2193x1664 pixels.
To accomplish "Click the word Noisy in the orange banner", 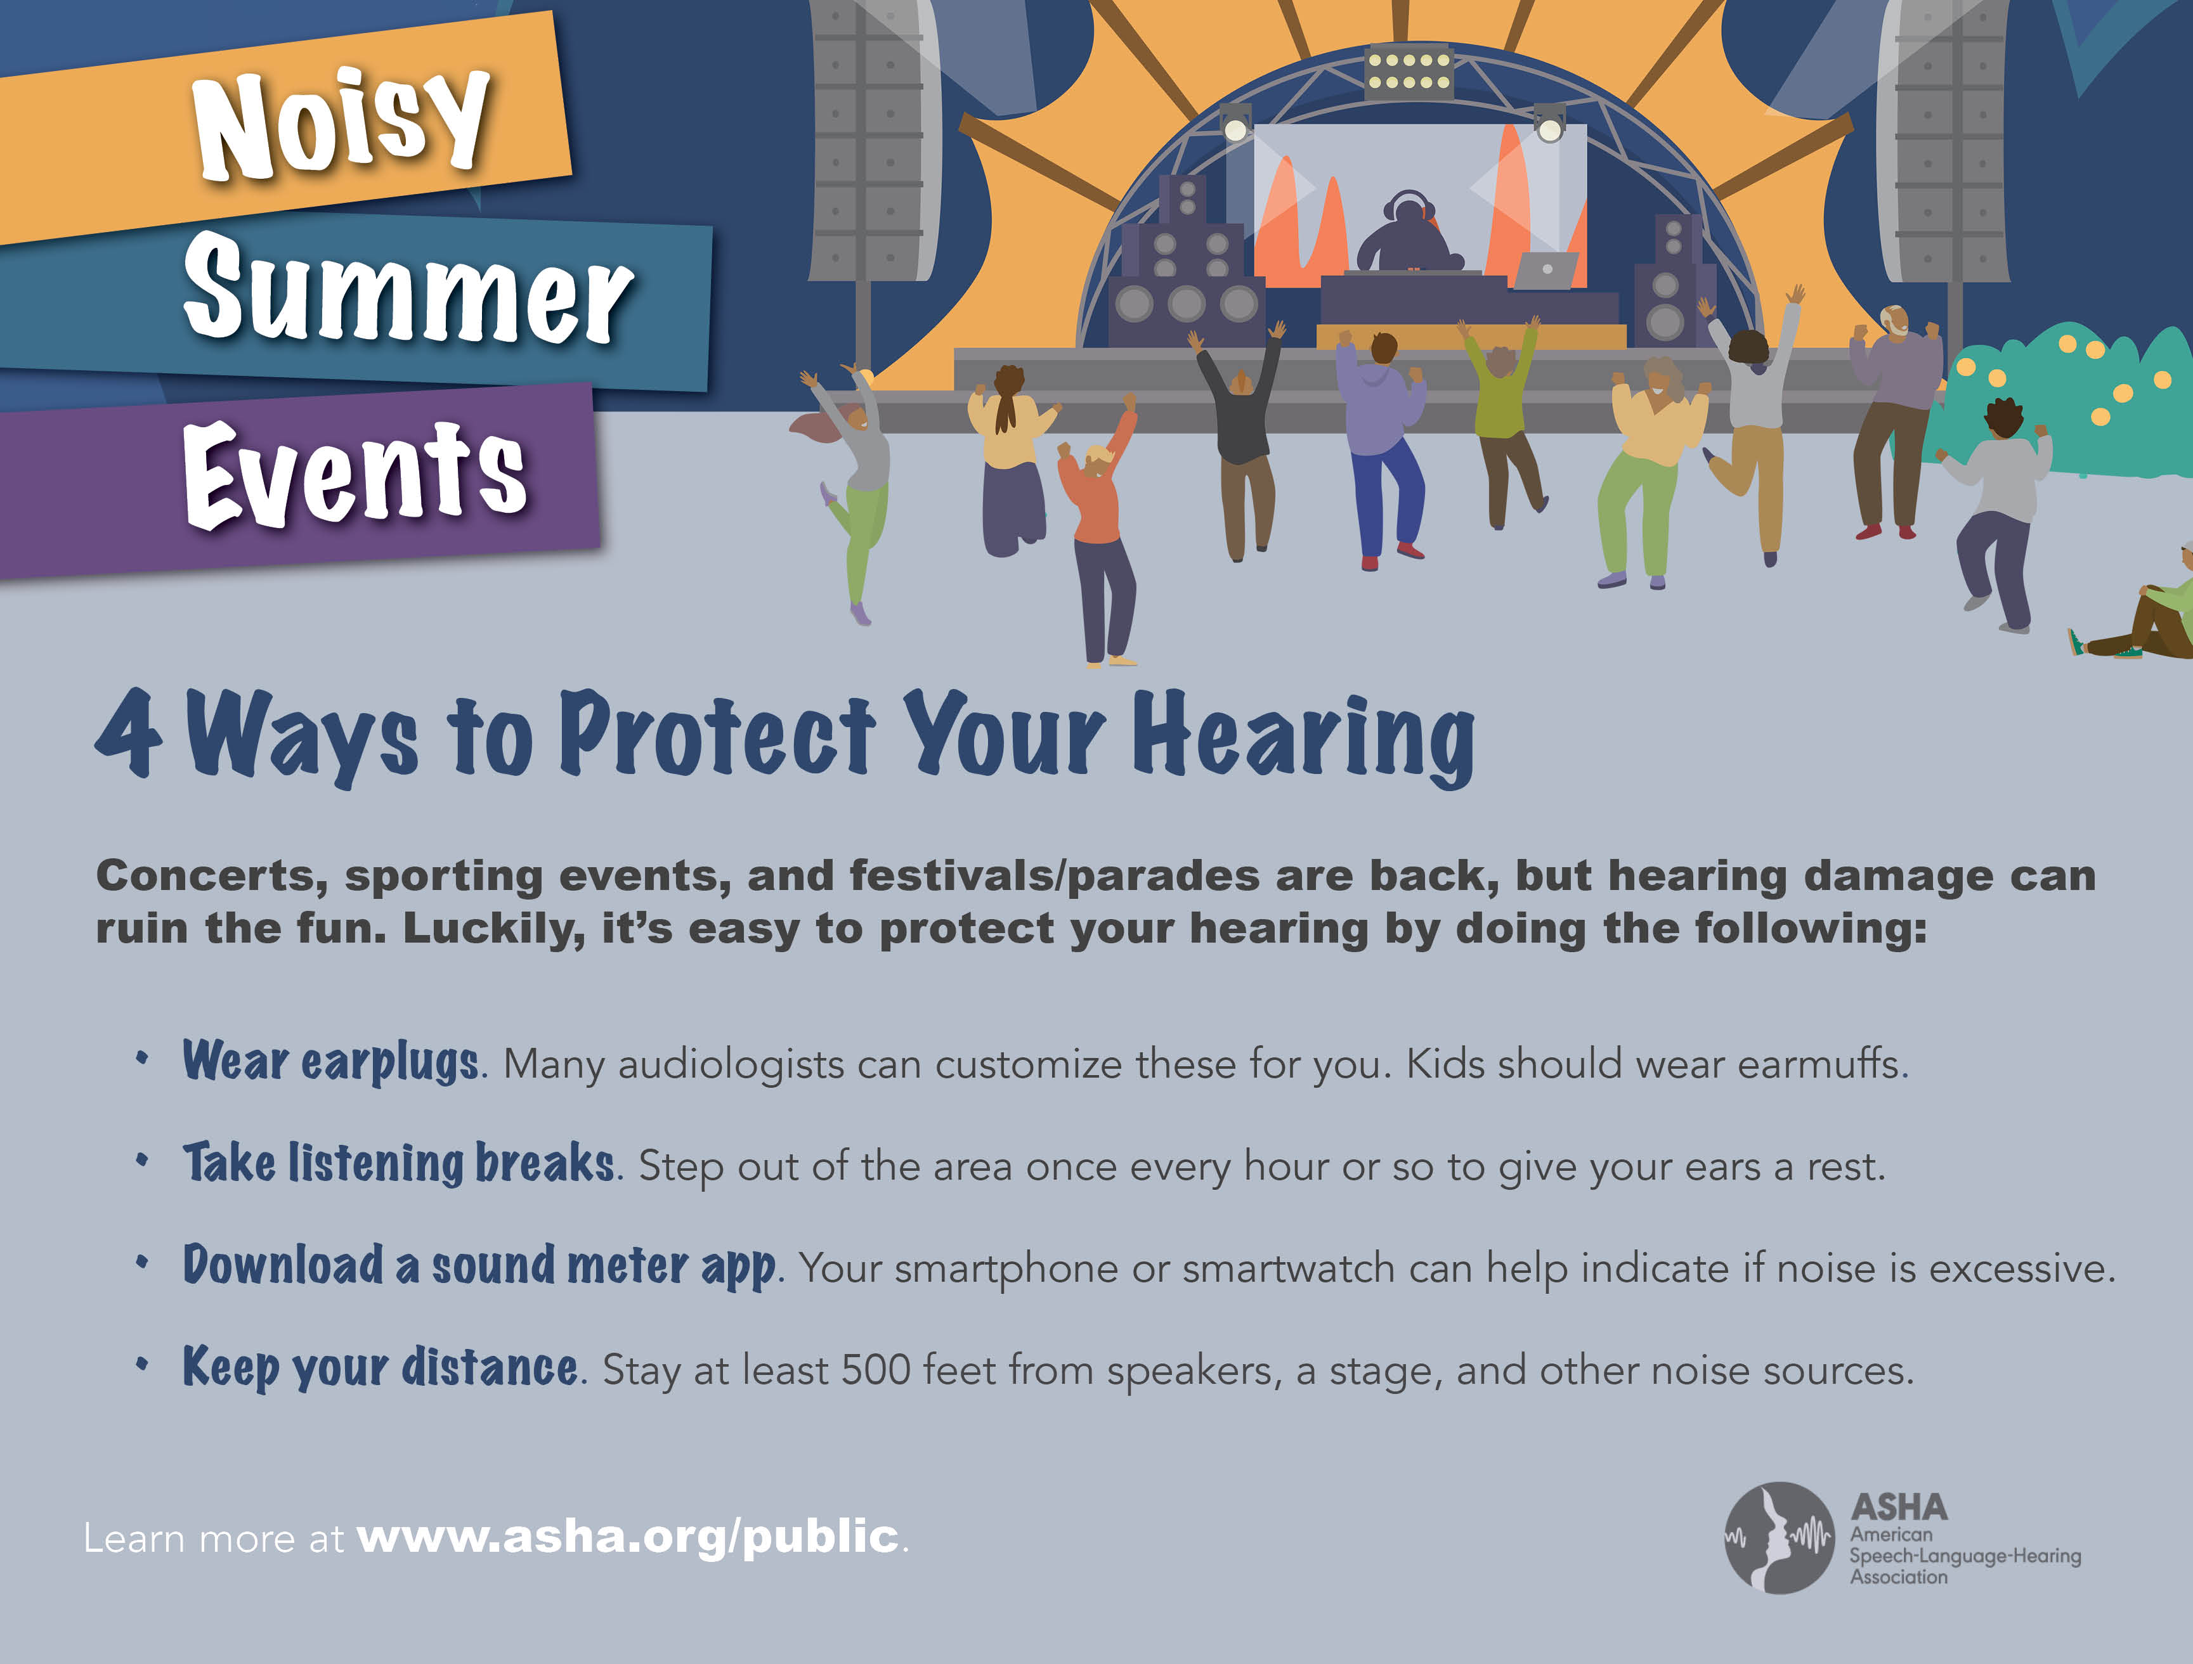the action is (342, 123).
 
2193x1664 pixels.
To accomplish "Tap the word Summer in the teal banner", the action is (408, 290).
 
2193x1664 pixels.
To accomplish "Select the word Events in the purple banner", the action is (355, 474).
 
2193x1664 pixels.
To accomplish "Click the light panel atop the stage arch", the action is (1408, 72).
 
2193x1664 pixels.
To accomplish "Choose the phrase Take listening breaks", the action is (398, 1163).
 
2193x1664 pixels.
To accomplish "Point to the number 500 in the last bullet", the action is (875, 1370).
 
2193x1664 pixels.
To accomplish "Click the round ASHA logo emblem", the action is (1780, 1537).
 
